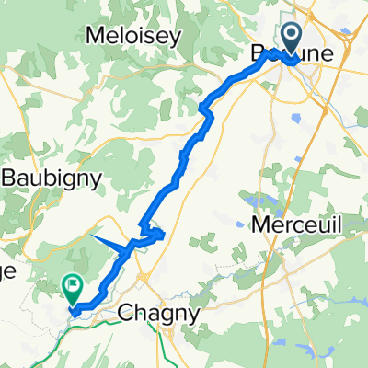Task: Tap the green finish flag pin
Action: pos(72,289)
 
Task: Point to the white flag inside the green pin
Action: pos(72,285)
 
